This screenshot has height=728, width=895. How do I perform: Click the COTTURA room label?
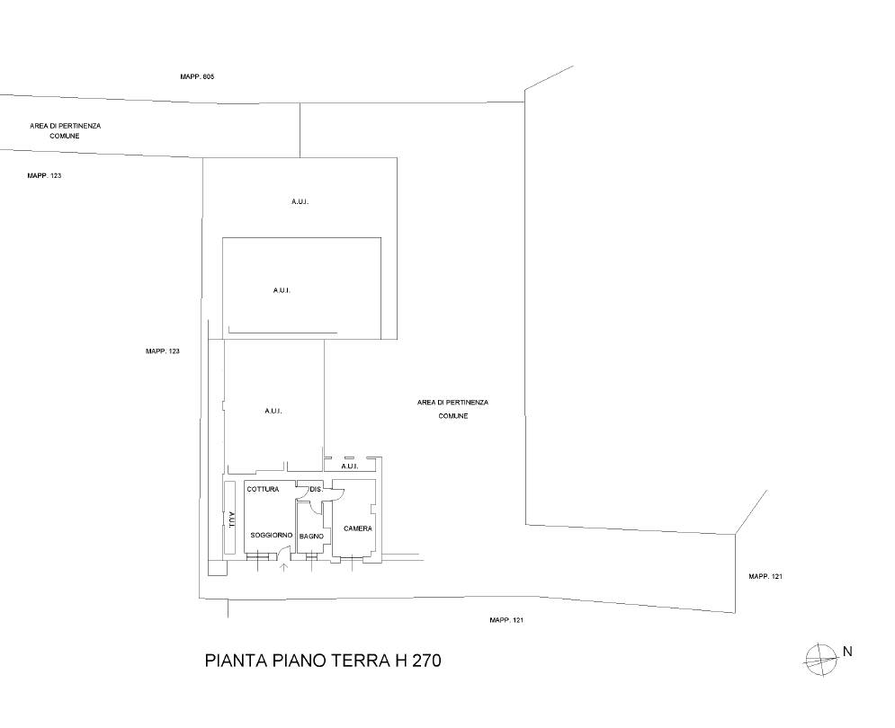(x=263, y=490)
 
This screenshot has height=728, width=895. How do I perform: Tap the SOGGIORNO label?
(x=272, y=535)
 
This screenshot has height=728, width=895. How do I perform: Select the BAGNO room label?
(x=311, y=537)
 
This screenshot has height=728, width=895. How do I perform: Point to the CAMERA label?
(x=358, y=528)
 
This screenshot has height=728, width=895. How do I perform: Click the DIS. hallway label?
(x=317, y=490)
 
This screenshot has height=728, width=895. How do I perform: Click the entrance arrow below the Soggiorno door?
(x=283, y=565)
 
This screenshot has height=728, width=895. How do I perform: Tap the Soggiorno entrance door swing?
(x=284, y=550)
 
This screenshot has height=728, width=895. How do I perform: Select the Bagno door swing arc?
(x=314, y=507)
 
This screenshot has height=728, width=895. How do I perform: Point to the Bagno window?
(x=311, y=556)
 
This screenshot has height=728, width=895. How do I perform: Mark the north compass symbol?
(x=821, y=660)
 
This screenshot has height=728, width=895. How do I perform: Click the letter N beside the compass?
(x=847, y=652)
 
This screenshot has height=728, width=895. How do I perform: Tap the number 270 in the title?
(x=427, y=661)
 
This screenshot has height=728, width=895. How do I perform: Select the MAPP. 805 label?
(x=197, y=76)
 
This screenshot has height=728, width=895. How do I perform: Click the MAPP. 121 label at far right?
(x=765, y=577)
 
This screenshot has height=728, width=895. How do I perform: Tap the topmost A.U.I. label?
(x=300, y=201)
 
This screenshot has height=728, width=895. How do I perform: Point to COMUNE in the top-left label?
(x=65, y=136)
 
